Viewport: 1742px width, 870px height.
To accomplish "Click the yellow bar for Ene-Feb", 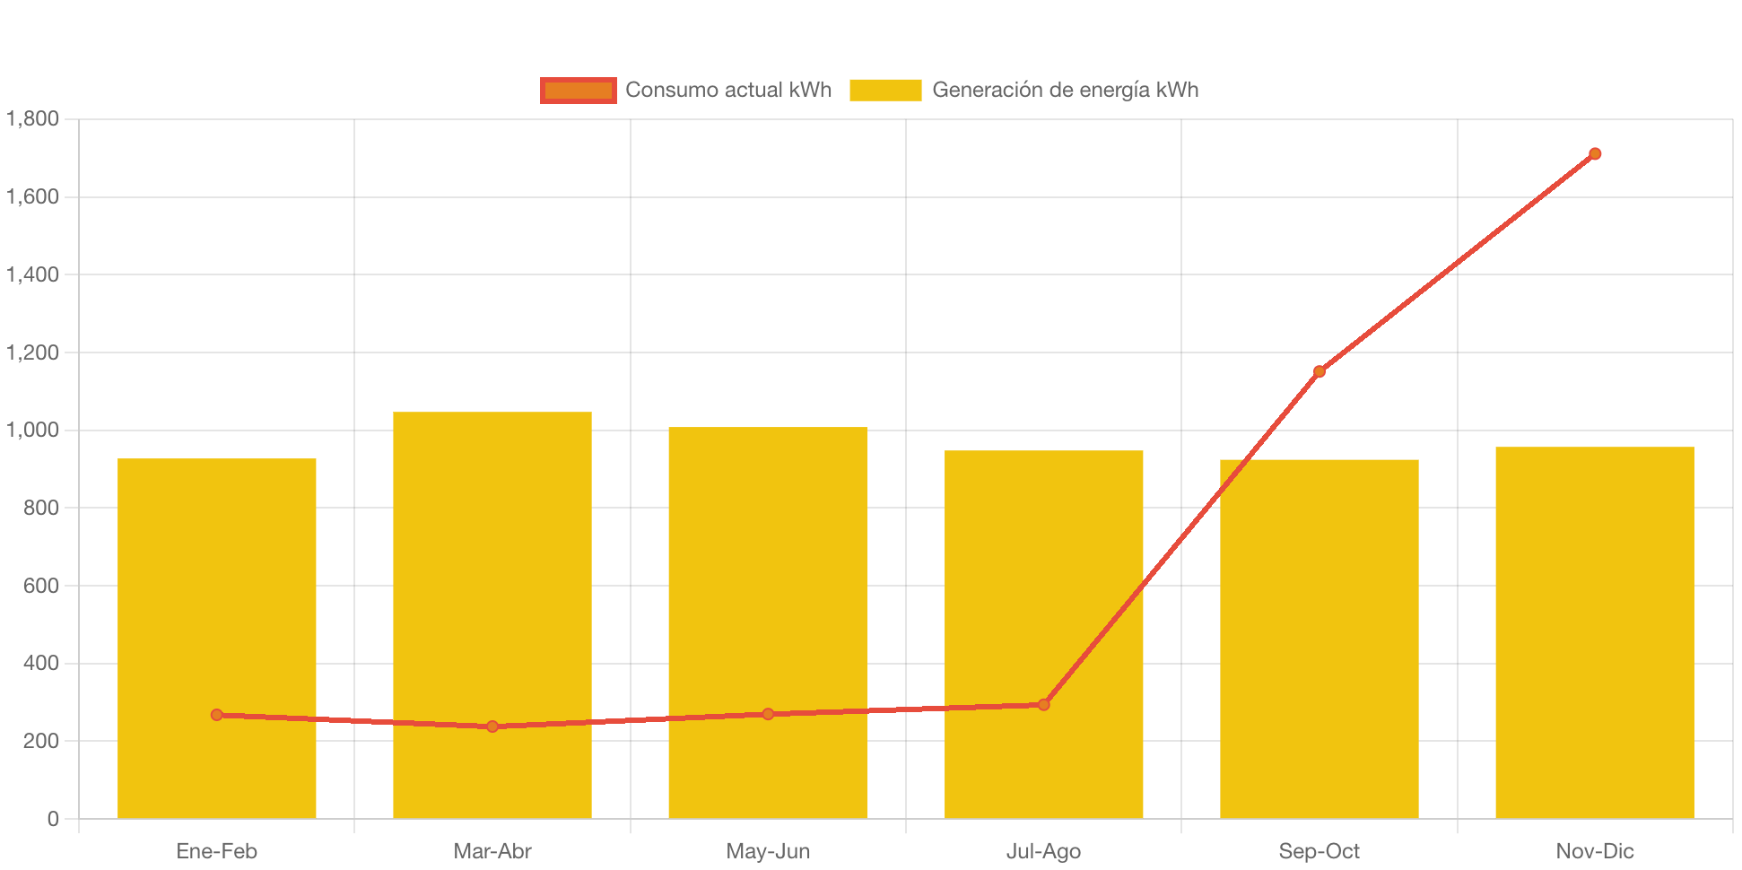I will tap(217, 583).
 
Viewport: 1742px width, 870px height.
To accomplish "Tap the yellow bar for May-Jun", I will tap(768, 574).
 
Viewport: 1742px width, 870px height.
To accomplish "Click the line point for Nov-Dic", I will tap(1595, 154).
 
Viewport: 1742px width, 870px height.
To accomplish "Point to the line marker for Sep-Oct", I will tap(1320, 371).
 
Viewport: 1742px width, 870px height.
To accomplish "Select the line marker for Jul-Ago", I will tap(1043, 705).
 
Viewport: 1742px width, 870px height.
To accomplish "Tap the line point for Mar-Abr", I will tap(492, 726).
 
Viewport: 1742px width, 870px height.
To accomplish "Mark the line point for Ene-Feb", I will tap(217, 715).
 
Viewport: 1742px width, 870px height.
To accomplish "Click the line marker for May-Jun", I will tap(768, 714).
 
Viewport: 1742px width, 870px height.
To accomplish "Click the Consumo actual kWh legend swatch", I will tap(578, 91).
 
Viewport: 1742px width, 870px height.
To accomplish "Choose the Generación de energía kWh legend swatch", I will tap(885, 91).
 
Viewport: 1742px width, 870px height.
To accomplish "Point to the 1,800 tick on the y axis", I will tap(33, 119).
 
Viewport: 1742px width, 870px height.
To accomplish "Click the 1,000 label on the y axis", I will tap(33, 431).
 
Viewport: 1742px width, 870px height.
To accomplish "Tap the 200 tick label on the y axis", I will tap(40, 741).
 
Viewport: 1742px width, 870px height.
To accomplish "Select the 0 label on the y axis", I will tap(53, 819).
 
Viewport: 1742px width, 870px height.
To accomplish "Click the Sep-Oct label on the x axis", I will tap(1320, 851).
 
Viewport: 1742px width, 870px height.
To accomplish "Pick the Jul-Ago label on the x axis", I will tap(1043, 851).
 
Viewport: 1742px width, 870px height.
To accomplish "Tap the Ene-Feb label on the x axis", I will tap(217, 851).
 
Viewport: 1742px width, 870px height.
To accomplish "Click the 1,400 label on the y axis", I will tap(33, 274).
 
